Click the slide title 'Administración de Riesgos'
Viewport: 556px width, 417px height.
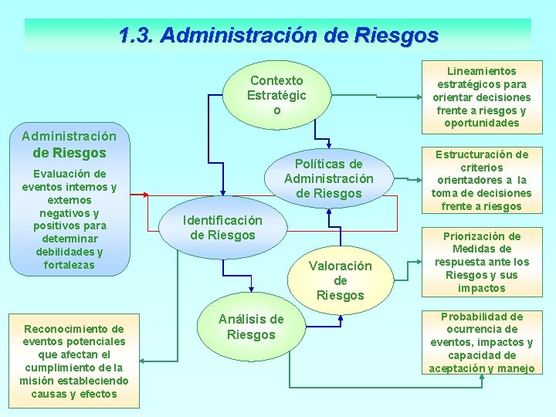point(278,36)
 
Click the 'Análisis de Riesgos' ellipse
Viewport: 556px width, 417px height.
point(251,327)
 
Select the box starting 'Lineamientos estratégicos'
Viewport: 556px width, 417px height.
point(482,97)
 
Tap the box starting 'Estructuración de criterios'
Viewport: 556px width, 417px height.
point(482,180)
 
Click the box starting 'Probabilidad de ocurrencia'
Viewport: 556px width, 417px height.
point(482,342)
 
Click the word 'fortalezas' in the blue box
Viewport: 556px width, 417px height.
point(69,265)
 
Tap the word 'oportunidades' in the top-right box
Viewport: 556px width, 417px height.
point(482,123)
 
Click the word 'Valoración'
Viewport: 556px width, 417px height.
point(340,266)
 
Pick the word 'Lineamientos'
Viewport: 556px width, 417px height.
point(482,70)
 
